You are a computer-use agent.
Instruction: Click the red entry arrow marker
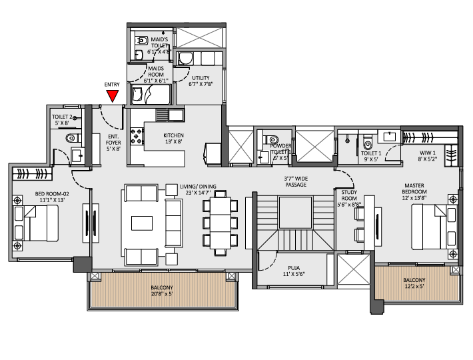(113, 96)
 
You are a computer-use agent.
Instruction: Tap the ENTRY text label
(113, 85)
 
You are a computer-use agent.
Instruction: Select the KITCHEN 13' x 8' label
(173, 139)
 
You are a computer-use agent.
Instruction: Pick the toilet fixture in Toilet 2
(71, 139)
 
